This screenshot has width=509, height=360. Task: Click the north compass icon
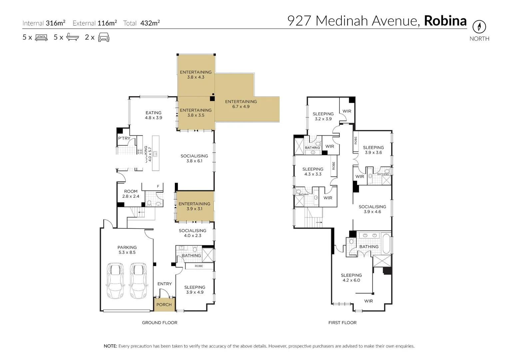[x=479, y=27]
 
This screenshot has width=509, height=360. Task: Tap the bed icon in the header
[x=41, y=37]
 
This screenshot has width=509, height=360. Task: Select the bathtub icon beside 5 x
[x=73, y=37]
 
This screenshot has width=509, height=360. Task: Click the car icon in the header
[x=104, y=37]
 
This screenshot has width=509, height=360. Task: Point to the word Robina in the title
[x=445, y=21]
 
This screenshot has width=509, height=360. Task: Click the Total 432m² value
[x=150, y=23]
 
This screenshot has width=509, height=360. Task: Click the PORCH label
[x=164, y=305]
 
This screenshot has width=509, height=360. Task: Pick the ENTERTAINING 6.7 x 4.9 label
[x=241, y=104]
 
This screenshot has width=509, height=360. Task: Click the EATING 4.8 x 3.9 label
[x=154, y=115]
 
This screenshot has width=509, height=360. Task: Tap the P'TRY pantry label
[x=124, y=138]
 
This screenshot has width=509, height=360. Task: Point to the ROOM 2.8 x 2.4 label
[x=131, y=194]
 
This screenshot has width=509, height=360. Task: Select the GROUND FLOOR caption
[x=160, y=323]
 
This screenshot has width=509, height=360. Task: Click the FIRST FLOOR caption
[x=342, y=323]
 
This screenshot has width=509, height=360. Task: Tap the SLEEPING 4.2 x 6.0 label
[x=351, y=278]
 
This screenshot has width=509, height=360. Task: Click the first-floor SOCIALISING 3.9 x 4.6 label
[x=372, y=209]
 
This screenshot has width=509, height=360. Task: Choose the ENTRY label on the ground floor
[x=165, y=284]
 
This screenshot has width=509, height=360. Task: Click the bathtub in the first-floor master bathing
[x=386, y=244]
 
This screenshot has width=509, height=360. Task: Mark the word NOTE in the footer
[x=110, y=346]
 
